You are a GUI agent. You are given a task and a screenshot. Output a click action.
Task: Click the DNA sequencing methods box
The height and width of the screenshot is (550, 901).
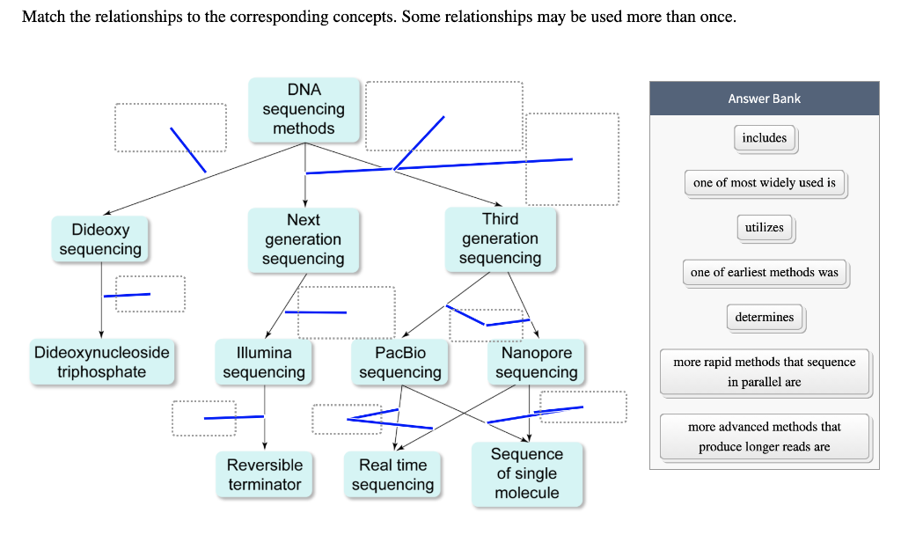tap(304, 110)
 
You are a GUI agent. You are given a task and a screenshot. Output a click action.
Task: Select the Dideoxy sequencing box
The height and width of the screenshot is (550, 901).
tap(100, 239)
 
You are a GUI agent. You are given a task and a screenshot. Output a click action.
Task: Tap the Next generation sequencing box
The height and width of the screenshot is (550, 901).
tap(304, 239)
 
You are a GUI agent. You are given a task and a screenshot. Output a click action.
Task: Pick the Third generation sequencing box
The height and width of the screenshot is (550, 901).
tap(501, 239)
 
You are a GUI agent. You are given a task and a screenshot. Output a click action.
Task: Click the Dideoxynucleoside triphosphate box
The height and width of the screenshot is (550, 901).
tap(102, 362)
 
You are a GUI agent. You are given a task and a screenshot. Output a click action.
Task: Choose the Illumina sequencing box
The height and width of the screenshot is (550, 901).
tap(264, 362)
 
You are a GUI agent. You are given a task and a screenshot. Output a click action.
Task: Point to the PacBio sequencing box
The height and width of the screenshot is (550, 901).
tap(400, 362)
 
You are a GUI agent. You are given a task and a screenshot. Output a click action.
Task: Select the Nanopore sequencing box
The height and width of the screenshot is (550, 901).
tap(536, 362)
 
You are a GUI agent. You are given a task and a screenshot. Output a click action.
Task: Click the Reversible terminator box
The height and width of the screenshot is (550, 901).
tap(264, 474)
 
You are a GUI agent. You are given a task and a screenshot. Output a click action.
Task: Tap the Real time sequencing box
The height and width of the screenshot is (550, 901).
tap(393, 474)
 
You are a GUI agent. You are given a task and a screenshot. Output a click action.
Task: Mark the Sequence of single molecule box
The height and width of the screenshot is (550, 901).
tap(527, 474)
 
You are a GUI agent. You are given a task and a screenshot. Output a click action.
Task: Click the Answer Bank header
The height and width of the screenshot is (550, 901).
tap(765, 99)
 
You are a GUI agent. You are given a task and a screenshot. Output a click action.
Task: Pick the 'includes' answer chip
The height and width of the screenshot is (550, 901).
tap(765, 138)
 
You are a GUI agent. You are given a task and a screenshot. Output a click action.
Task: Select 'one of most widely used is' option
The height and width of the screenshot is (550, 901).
tap(765, 183)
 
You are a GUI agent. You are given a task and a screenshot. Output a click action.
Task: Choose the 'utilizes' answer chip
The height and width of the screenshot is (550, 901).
tap(765, 228)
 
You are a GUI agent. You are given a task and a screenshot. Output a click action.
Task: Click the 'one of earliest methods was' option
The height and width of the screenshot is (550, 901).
tap(765, 273)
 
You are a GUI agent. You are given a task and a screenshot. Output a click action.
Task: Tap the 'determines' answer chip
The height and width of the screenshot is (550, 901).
tap(765, 318)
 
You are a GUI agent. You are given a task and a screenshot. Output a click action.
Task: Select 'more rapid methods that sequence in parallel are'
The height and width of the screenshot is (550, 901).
tap(765, 372)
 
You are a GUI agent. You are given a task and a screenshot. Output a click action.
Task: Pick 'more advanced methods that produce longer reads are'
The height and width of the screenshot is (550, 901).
tap(765, 436)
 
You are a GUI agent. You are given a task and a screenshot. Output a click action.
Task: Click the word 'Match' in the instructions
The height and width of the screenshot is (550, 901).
tap(44, 17)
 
